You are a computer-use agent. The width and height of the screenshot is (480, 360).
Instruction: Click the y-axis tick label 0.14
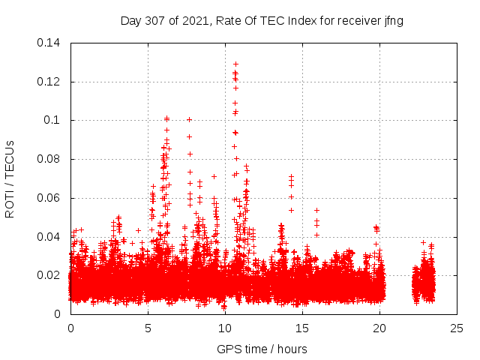(x=49, y=43)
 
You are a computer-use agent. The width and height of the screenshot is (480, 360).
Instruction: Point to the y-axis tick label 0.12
(x=49, y=82)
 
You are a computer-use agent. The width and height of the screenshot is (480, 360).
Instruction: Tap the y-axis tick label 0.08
(x=49, y=159)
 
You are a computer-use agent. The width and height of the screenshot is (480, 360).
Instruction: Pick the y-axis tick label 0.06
(x=49, y=198)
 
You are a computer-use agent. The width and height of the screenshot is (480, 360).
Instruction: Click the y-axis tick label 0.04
(x=49, y=237)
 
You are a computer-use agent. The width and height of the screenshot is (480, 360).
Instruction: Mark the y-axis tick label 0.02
(x=49, y=275)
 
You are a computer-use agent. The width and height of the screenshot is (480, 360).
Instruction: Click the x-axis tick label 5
(x=148, y=328)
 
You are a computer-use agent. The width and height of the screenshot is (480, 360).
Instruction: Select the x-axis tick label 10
(x=225, y=328)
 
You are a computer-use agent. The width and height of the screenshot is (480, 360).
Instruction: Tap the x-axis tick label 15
(x=302, y=328)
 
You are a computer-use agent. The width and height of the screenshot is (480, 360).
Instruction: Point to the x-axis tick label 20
(x=379, y=328)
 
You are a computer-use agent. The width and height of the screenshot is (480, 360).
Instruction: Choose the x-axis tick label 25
(x=457, y=328)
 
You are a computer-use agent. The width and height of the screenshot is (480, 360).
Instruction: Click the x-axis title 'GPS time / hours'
(x=262, y=349)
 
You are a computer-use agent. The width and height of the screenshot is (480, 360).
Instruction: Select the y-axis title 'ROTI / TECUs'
(x=10, y=178)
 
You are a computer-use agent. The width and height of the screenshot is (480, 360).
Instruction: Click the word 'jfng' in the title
(x=393, y=21)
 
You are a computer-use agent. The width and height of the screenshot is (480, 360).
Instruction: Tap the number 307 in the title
(x=155, y=21)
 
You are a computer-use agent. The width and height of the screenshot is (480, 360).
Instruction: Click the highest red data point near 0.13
(x=235, y=64)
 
